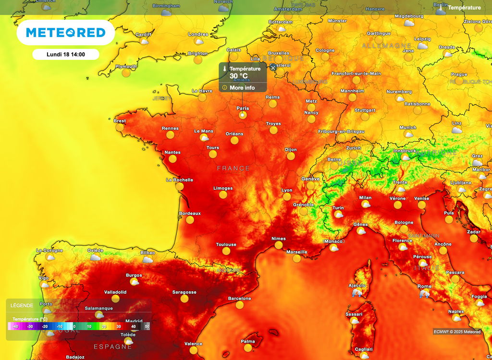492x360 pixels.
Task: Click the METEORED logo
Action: click(x=66, y=33)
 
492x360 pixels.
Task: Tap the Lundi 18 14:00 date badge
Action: click(x=66, y=54)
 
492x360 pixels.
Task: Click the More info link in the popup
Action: click(x=242, y=88)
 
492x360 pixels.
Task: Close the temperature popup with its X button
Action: click(x=273, y=68)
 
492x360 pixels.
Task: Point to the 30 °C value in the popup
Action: click(x=238, y=76)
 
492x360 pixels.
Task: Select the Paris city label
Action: click(x=243, y=108)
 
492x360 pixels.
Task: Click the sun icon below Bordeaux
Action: click(x=190, y=220)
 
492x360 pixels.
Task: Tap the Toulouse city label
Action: click(x=226, y=244)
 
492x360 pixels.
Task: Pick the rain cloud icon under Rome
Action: click(x=425, y=294)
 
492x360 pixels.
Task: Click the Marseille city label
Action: click(x=296, y=252)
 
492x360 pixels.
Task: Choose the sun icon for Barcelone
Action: click(x=239, y=306)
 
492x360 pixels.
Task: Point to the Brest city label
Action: click(x=120, y=121)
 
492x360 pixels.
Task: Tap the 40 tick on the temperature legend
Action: click(x=133, y=326)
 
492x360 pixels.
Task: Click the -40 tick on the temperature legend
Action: click(x=15, y=326)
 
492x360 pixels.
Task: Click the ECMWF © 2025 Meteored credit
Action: click(x=457, y=332)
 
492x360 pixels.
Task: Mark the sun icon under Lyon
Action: click(x=287, y=197)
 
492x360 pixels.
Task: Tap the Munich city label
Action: click(x=408, y=128)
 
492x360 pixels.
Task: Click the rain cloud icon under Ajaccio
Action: click(x=357, y=293)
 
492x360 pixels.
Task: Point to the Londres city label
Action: click(x=198, y=35)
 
